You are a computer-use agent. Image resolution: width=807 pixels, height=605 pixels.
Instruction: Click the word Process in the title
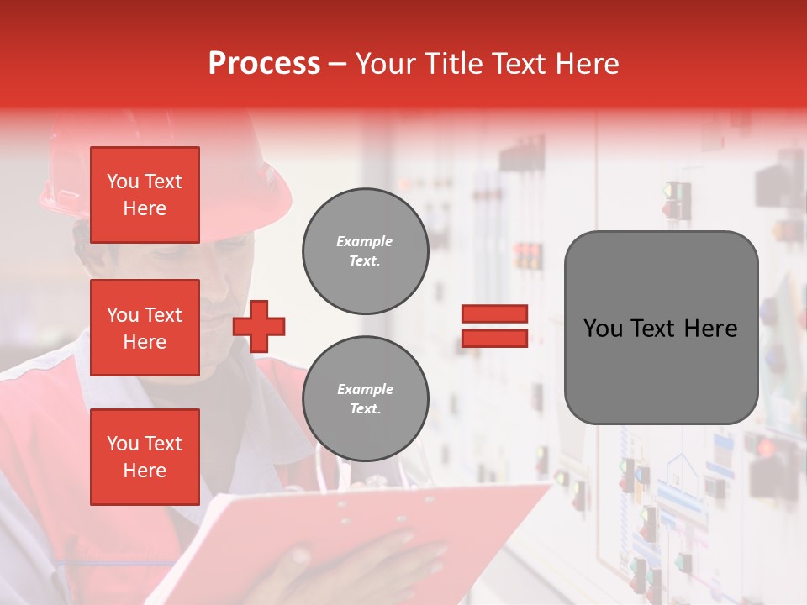tap(264, 64)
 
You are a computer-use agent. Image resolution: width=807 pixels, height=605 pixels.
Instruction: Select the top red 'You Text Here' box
tap(145, 195)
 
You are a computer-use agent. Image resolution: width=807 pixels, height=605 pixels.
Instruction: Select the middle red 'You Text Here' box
tap(145, 328)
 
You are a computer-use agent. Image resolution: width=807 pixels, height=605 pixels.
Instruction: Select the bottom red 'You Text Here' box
tap(145, 456)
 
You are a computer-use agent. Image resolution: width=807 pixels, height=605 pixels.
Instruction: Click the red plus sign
tap(259, 326)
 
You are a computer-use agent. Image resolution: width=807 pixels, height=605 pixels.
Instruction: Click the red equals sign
tap(494, 326)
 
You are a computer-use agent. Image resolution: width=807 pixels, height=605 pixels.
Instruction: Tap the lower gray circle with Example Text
tap(365, 398)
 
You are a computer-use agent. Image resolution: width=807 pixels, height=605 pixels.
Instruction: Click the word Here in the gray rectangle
tap(711, 329)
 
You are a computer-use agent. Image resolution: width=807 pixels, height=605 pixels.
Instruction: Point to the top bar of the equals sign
tap(494, 314)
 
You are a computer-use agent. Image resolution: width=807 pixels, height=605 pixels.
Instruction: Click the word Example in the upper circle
tap(365, 241)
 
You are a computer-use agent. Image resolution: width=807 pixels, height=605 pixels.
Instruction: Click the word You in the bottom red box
tap(123, 443)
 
